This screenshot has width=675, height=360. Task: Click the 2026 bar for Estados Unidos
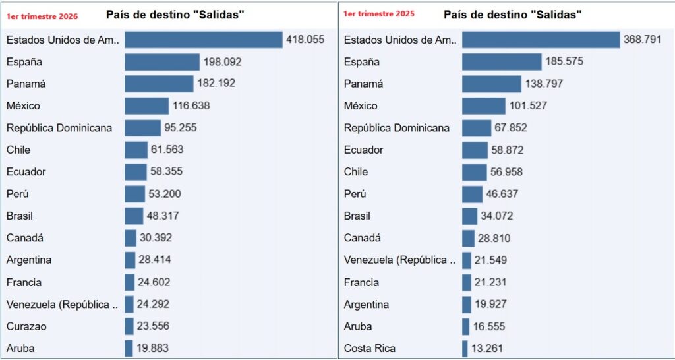tap(204, 40)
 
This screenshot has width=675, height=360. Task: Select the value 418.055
tap(305, 40)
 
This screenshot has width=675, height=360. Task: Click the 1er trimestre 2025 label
tap(380, 13)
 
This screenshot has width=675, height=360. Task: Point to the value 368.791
tap(642, 40)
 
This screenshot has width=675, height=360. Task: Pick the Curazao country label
tap(26, 326)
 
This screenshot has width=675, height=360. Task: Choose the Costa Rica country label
tap(369, 348)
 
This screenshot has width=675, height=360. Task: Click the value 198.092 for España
tap(222, 62)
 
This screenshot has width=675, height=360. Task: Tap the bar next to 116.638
tap(146, 105)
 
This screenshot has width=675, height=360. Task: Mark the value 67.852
tap(509, 128)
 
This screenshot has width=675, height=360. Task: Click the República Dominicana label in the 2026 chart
tap(59, 128)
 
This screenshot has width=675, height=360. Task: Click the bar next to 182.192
tap(159, 84)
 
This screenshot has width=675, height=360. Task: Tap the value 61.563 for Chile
tap(167, 150)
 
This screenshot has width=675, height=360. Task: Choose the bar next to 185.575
tap(502, 62)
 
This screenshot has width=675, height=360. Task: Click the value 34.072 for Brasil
tap(496, 216)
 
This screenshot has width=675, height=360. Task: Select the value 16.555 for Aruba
tap(490, 326)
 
